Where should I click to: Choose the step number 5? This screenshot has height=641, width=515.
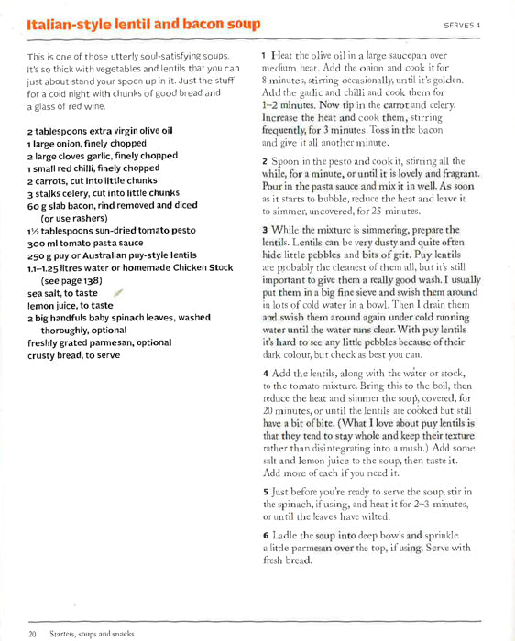[265, 492]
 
